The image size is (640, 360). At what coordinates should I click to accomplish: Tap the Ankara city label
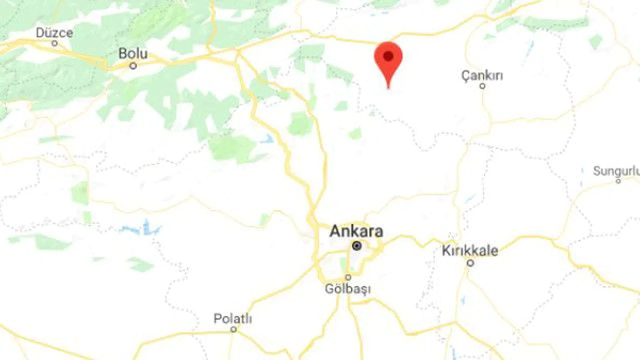pyautogui.click(x=356, y=231)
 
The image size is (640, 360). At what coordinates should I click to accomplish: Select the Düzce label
pyautogui.click(x=54, y=33)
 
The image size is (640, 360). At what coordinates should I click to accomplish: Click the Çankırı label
pyautogui.click(x=482, y=75)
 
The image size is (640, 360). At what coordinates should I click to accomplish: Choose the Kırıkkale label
pyautogui.click(x=469, y=250)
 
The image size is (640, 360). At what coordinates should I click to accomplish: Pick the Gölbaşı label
pyautogui.click(x=347, y=289)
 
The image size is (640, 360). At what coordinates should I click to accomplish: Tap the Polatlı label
pyautogui.click(x=233, y=318)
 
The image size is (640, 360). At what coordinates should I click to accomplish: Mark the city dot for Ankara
pyautogui.click(x=356, y=245)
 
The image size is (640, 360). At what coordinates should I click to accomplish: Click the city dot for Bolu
pyautogui.click(x=133, y=65)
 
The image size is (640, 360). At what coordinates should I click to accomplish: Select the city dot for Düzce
pyautogui.click(x=54, y=43)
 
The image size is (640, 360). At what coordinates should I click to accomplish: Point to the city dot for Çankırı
pyautogui.click(x=482, y=86)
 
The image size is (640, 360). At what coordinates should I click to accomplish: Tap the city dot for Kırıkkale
pyautogui.click(x=470, y=262)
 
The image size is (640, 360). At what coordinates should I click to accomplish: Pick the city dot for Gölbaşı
pyautogui.click(x=348, y=277)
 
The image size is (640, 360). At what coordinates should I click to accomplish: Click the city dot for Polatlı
pyautogui.click(x=233, y=329)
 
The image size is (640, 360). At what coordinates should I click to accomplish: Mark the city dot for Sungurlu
pyautogui.click(x=618, y=180)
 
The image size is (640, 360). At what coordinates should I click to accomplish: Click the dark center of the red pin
pyautogui.click(x=388, y=56)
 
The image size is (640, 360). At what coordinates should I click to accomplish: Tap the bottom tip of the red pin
pyautogui.click(x=388, y=88)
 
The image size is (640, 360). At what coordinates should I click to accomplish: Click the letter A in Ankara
pyautogui.click(x=335, y=231)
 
